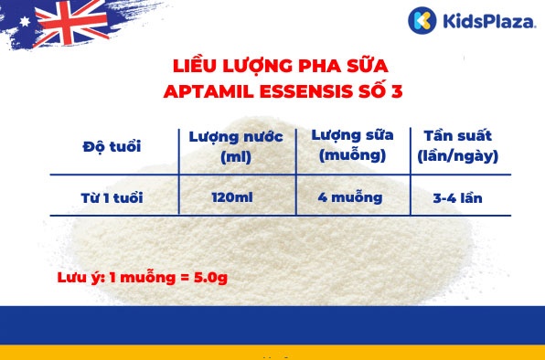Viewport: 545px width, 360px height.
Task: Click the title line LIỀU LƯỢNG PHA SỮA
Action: click(x=281, y=67)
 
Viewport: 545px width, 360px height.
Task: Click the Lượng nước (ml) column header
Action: click(x=236, y=146)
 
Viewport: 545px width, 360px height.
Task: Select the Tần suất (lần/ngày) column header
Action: click(x=457, y=145)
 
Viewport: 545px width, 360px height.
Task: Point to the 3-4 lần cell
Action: click(x=457, y=196)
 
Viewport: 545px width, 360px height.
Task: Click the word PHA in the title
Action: click(x=319, y=67)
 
